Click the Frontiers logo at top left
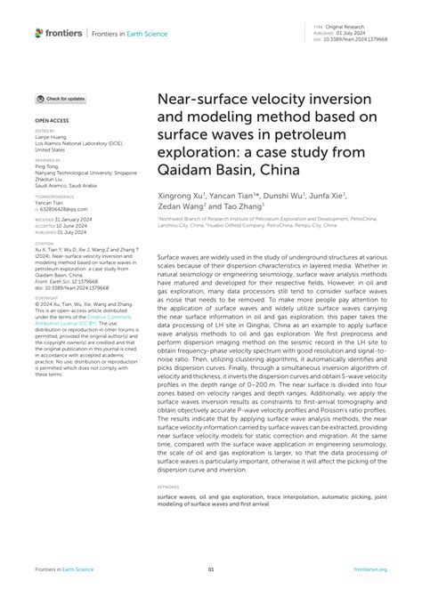(59, 33)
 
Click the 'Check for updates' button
(61, 99)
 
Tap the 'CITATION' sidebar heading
(44, 241)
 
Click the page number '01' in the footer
(211, 570)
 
